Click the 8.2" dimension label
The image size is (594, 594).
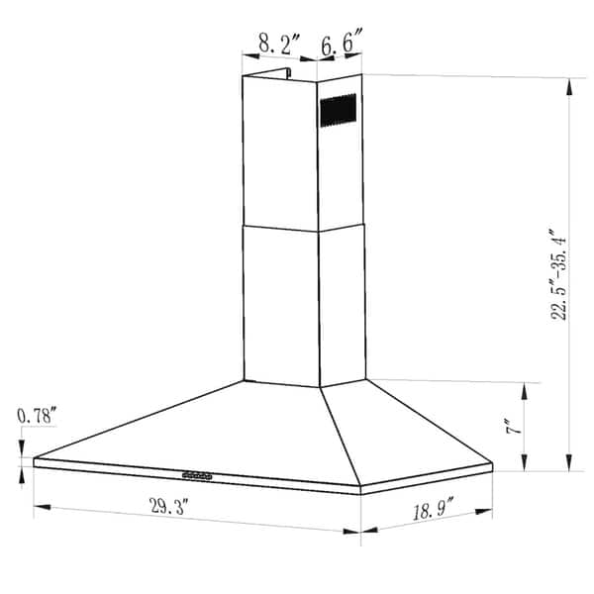click(273, 45)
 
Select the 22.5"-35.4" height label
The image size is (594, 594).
click(559, 272)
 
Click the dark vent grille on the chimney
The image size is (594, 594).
click(337, 109)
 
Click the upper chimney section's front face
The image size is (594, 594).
click(280, 153)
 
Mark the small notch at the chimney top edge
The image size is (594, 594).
click(288, 72)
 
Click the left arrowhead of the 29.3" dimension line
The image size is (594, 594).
click(38, 509)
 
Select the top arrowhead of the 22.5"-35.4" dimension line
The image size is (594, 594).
click(568, 81)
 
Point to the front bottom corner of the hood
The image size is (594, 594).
click(359, 492)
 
